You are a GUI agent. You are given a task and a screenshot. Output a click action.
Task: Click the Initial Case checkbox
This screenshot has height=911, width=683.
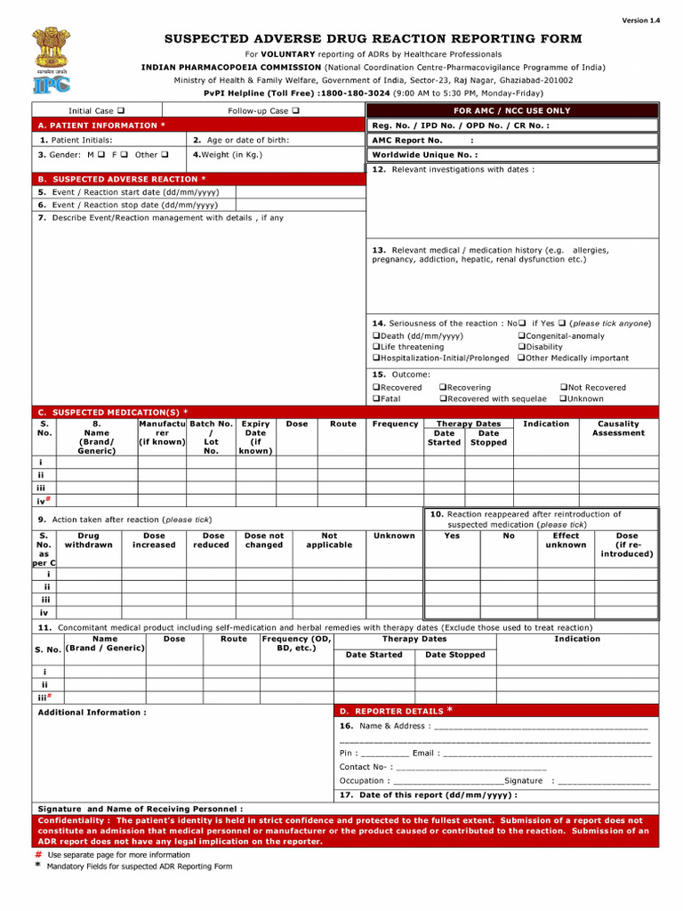[x=120, y=111]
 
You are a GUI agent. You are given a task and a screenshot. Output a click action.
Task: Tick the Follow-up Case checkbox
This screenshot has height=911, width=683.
[x=294, y=111]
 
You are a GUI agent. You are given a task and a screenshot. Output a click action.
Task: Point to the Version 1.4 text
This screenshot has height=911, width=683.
[x=640, y=20]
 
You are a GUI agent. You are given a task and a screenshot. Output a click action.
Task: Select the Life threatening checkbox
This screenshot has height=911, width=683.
[x=375, y=347]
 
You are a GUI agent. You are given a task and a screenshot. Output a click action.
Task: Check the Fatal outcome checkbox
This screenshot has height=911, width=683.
[x=375, y=399]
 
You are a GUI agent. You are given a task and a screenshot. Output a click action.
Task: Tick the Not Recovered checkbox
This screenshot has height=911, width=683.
[x=563, y=388]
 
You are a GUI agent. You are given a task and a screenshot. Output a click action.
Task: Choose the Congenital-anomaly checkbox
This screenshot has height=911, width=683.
[x=521, y=336]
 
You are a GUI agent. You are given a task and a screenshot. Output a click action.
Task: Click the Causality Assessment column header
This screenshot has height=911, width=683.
[x=618, y=429]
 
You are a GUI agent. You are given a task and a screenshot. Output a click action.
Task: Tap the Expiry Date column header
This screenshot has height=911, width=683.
[x=255, y=438]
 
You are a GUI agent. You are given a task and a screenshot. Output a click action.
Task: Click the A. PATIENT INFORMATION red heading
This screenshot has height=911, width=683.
[x=101, y=125]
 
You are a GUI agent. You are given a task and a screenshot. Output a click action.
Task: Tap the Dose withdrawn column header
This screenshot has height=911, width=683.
[x=89, y=541]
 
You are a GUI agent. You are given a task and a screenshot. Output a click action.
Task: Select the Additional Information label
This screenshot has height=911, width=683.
[x=92, y=713]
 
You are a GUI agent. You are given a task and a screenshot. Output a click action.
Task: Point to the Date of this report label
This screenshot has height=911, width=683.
[x=428, y=794]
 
